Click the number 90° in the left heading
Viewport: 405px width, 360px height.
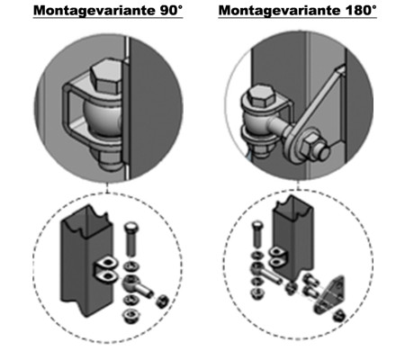click(x=169, y=11)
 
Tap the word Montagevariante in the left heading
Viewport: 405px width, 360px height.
click(x=94, y=11)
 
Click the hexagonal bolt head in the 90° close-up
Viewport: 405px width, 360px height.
click(x=107, y=76)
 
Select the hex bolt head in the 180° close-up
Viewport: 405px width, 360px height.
click(x=261, y=95)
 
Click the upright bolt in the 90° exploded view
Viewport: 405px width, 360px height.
click(x=130, y=239)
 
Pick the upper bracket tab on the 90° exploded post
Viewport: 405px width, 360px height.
click(x=106, y=263)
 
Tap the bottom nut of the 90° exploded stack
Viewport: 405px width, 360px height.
click(x=130, y=316)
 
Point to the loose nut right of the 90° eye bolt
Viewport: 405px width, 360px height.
click(x=162, y=301)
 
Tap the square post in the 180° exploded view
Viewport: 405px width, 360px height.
click(x=292, y=237)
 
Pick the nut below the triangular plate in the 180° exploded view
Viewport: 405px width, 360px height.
click(x=339, y=315)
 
